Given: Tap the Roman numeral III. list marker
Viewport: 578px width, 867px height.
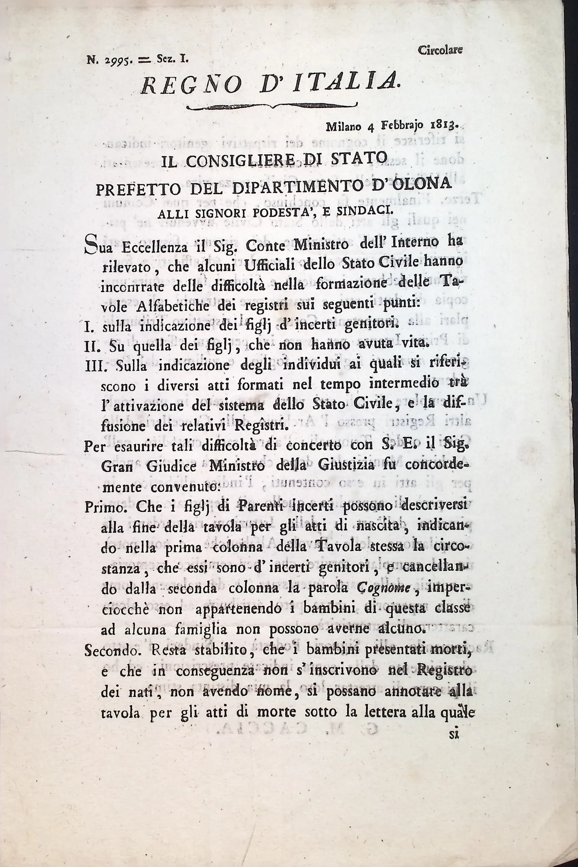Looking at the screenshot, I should pyautogui.click(x=95, y=366).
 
